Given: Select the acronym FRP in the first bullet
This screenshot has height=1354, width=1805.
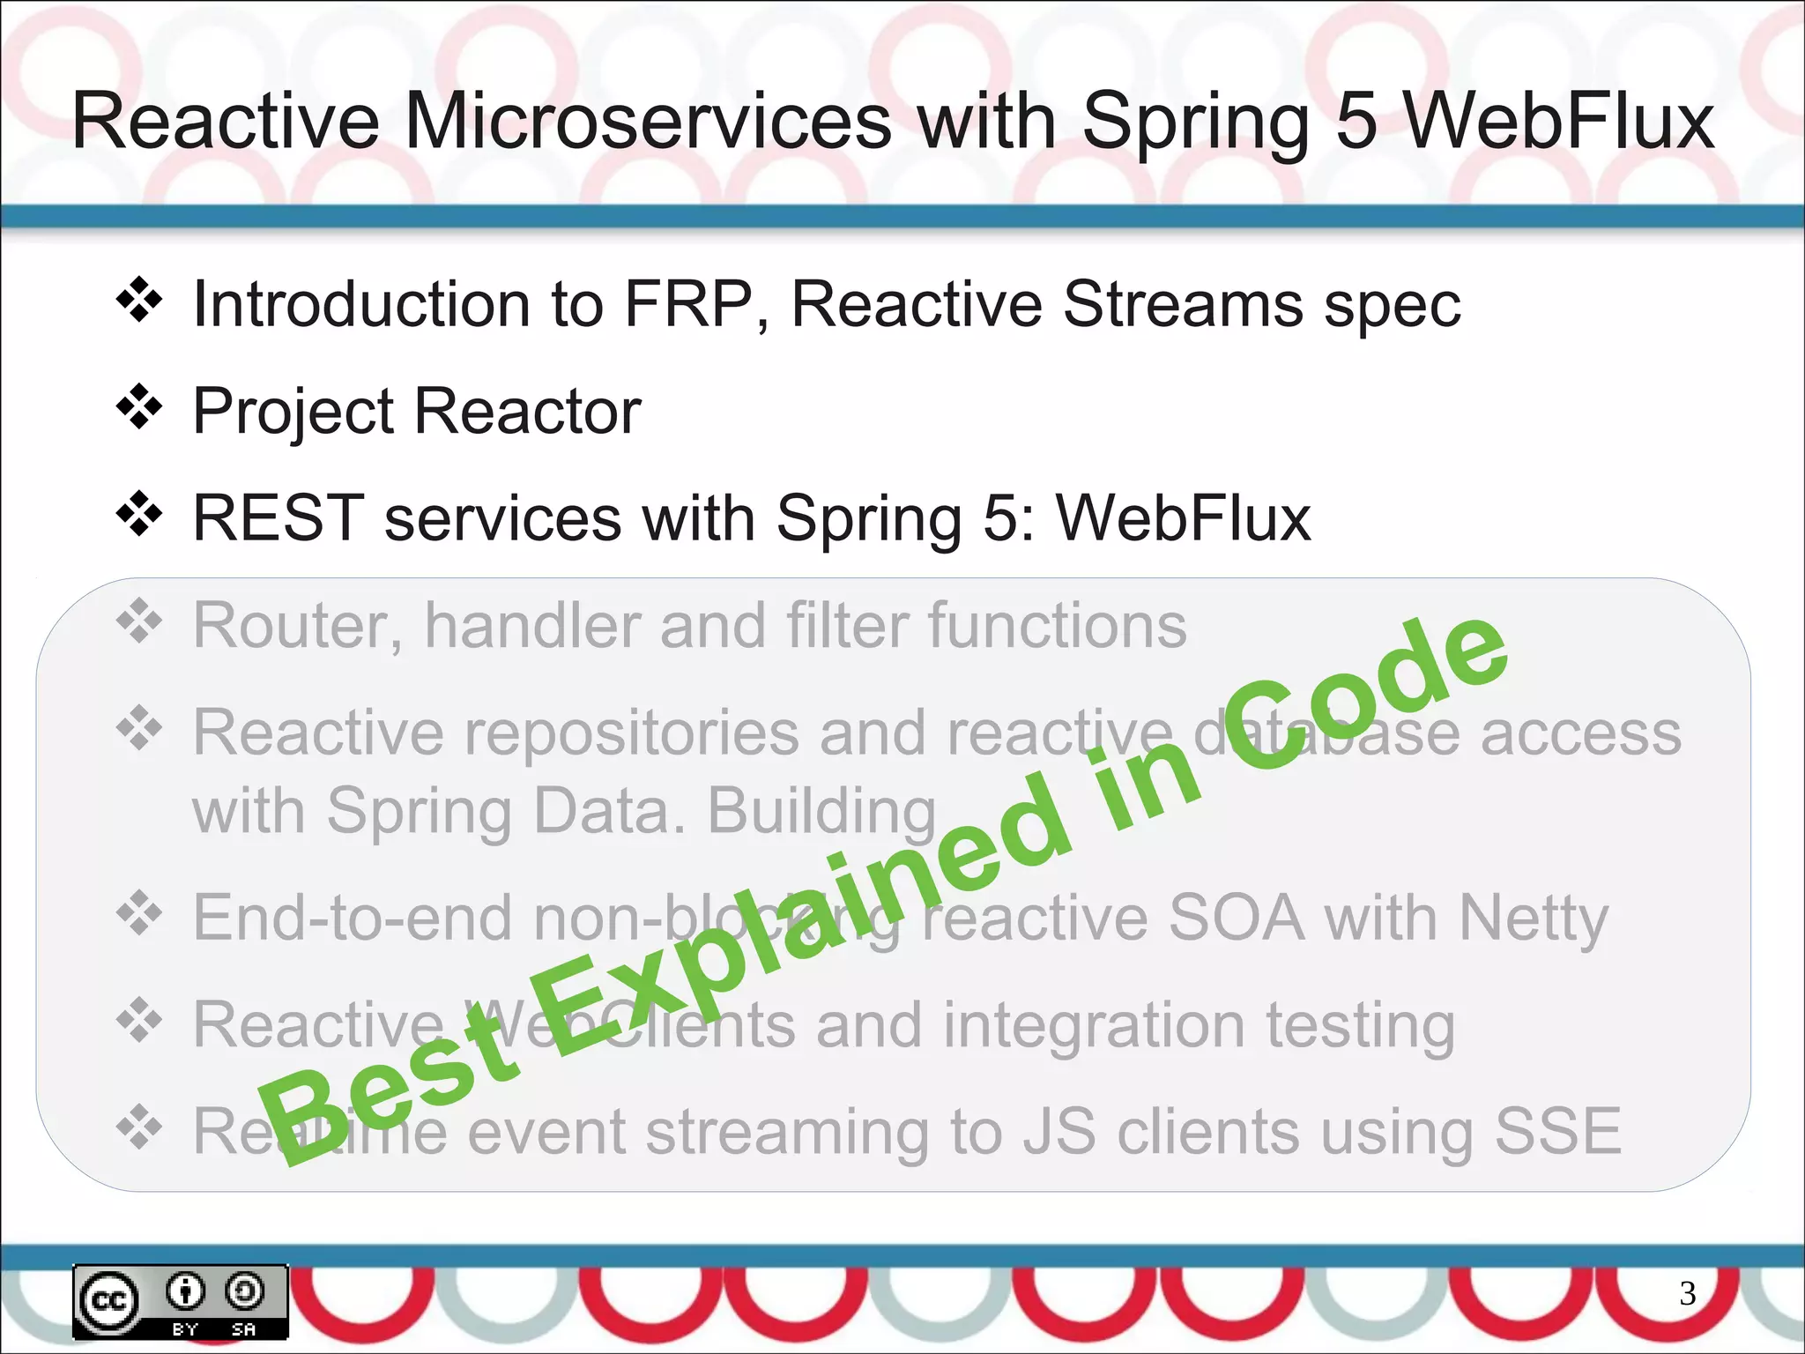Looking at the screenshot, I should [688, 304].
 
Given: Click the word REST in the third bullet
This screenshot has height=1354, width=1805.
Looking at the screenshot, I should [279, 518].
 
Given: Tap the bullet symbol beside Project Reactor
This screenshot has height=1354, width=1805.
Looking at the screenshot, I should [139, 407].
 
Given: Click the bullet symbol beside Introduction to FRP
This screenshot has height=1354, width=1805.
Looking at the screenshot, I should [139, 301].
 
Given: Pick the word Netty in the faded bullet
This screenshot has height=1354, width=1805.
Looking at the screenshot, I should [1534, 919].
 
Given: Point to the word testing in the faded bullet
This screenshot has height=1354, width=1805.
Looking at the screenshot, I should [1361, 1026].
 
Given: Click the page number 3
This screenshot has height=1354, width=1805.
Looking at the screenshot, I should [1687, 1293].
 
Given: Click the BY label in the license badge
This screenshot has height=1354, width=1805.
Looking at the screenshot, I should [185, 1328].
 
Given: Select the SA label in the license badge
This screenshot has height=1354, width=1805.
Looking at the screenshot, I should [244, 1328].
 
